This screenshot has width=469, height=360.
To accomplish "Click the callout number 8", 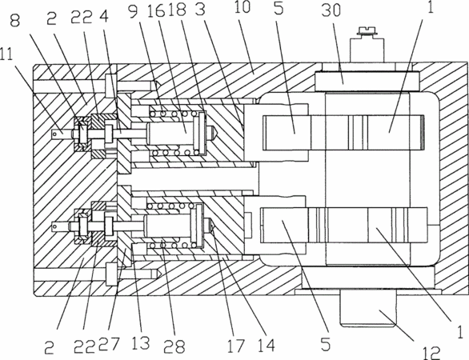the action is click(x=15, y=20).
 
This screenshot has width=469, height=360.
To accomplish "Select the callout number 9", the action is click(x=134, y=11).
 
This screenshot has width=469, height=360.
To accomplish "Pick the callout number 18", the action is click(x=178, y=10).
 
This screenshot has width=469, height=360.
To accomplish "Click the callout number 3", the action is click(x=200, y=9).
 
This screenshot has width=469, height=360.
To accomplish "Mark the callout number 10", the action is click(x=242, y=7).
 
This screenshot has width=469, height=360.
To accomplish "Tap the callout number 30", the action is click(x=331, y=10).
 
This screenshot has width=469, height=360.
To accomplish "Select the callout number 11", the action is click(x=6, y=54).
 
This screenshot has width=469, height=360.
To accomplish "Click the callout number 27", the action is click(x=109, y=344).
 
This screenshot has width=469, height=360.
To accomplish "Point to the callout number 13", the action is click(x=140, y=342).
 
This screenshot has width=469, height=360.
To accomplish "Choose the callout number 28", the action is click(x=174, y=346).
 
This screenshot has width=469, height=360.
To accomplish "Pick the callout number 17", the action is click(x=236, y=346).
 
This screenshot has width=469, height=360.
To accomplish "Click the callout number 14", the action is click(x=267, y=346).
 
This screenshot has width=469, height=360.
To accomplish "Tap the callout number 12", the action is click(x=431, y=353).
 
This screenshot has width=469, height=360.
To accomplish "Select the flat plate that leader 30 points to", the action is click(x=367, y=81).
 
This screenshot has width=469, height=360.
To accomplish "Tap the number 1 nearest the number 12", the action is click(x=461, y=331).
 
